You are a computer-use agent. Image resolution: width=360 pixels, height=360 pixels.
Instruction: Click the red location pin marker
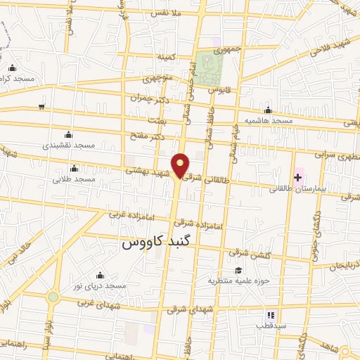[x=181, y=165]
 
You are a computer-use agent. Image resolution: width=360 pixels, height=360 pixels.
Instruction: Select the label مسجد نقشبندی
[x=68, y=145]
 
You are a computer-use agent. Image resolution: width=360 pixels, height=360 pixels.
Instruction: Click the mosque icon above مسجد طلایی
[x=74, y=168]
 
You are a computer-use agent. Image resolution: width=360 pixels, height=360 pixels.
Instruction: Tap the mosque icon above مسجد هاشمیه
[x=268, y=110]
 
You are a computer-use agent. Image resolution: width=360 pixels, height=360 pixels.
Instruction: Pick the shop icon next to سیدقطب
[x=269, y=314]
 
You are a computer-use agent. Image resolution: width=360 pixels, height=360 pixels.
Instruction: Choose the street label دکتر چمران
[x=147, y=98]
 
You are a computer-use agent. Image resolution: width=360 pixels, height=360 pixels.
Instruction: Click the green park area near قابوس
[x=209, y=67]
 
